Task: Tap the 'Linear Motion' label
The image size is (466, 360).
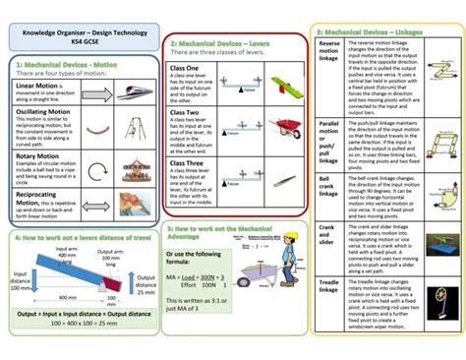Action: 40,87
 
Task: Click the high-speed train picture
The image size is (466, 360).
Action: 133,94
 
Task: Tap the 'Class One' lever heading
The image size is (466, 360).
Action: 185,68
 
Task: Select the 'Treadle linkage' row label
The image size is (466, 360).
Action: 329,284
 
